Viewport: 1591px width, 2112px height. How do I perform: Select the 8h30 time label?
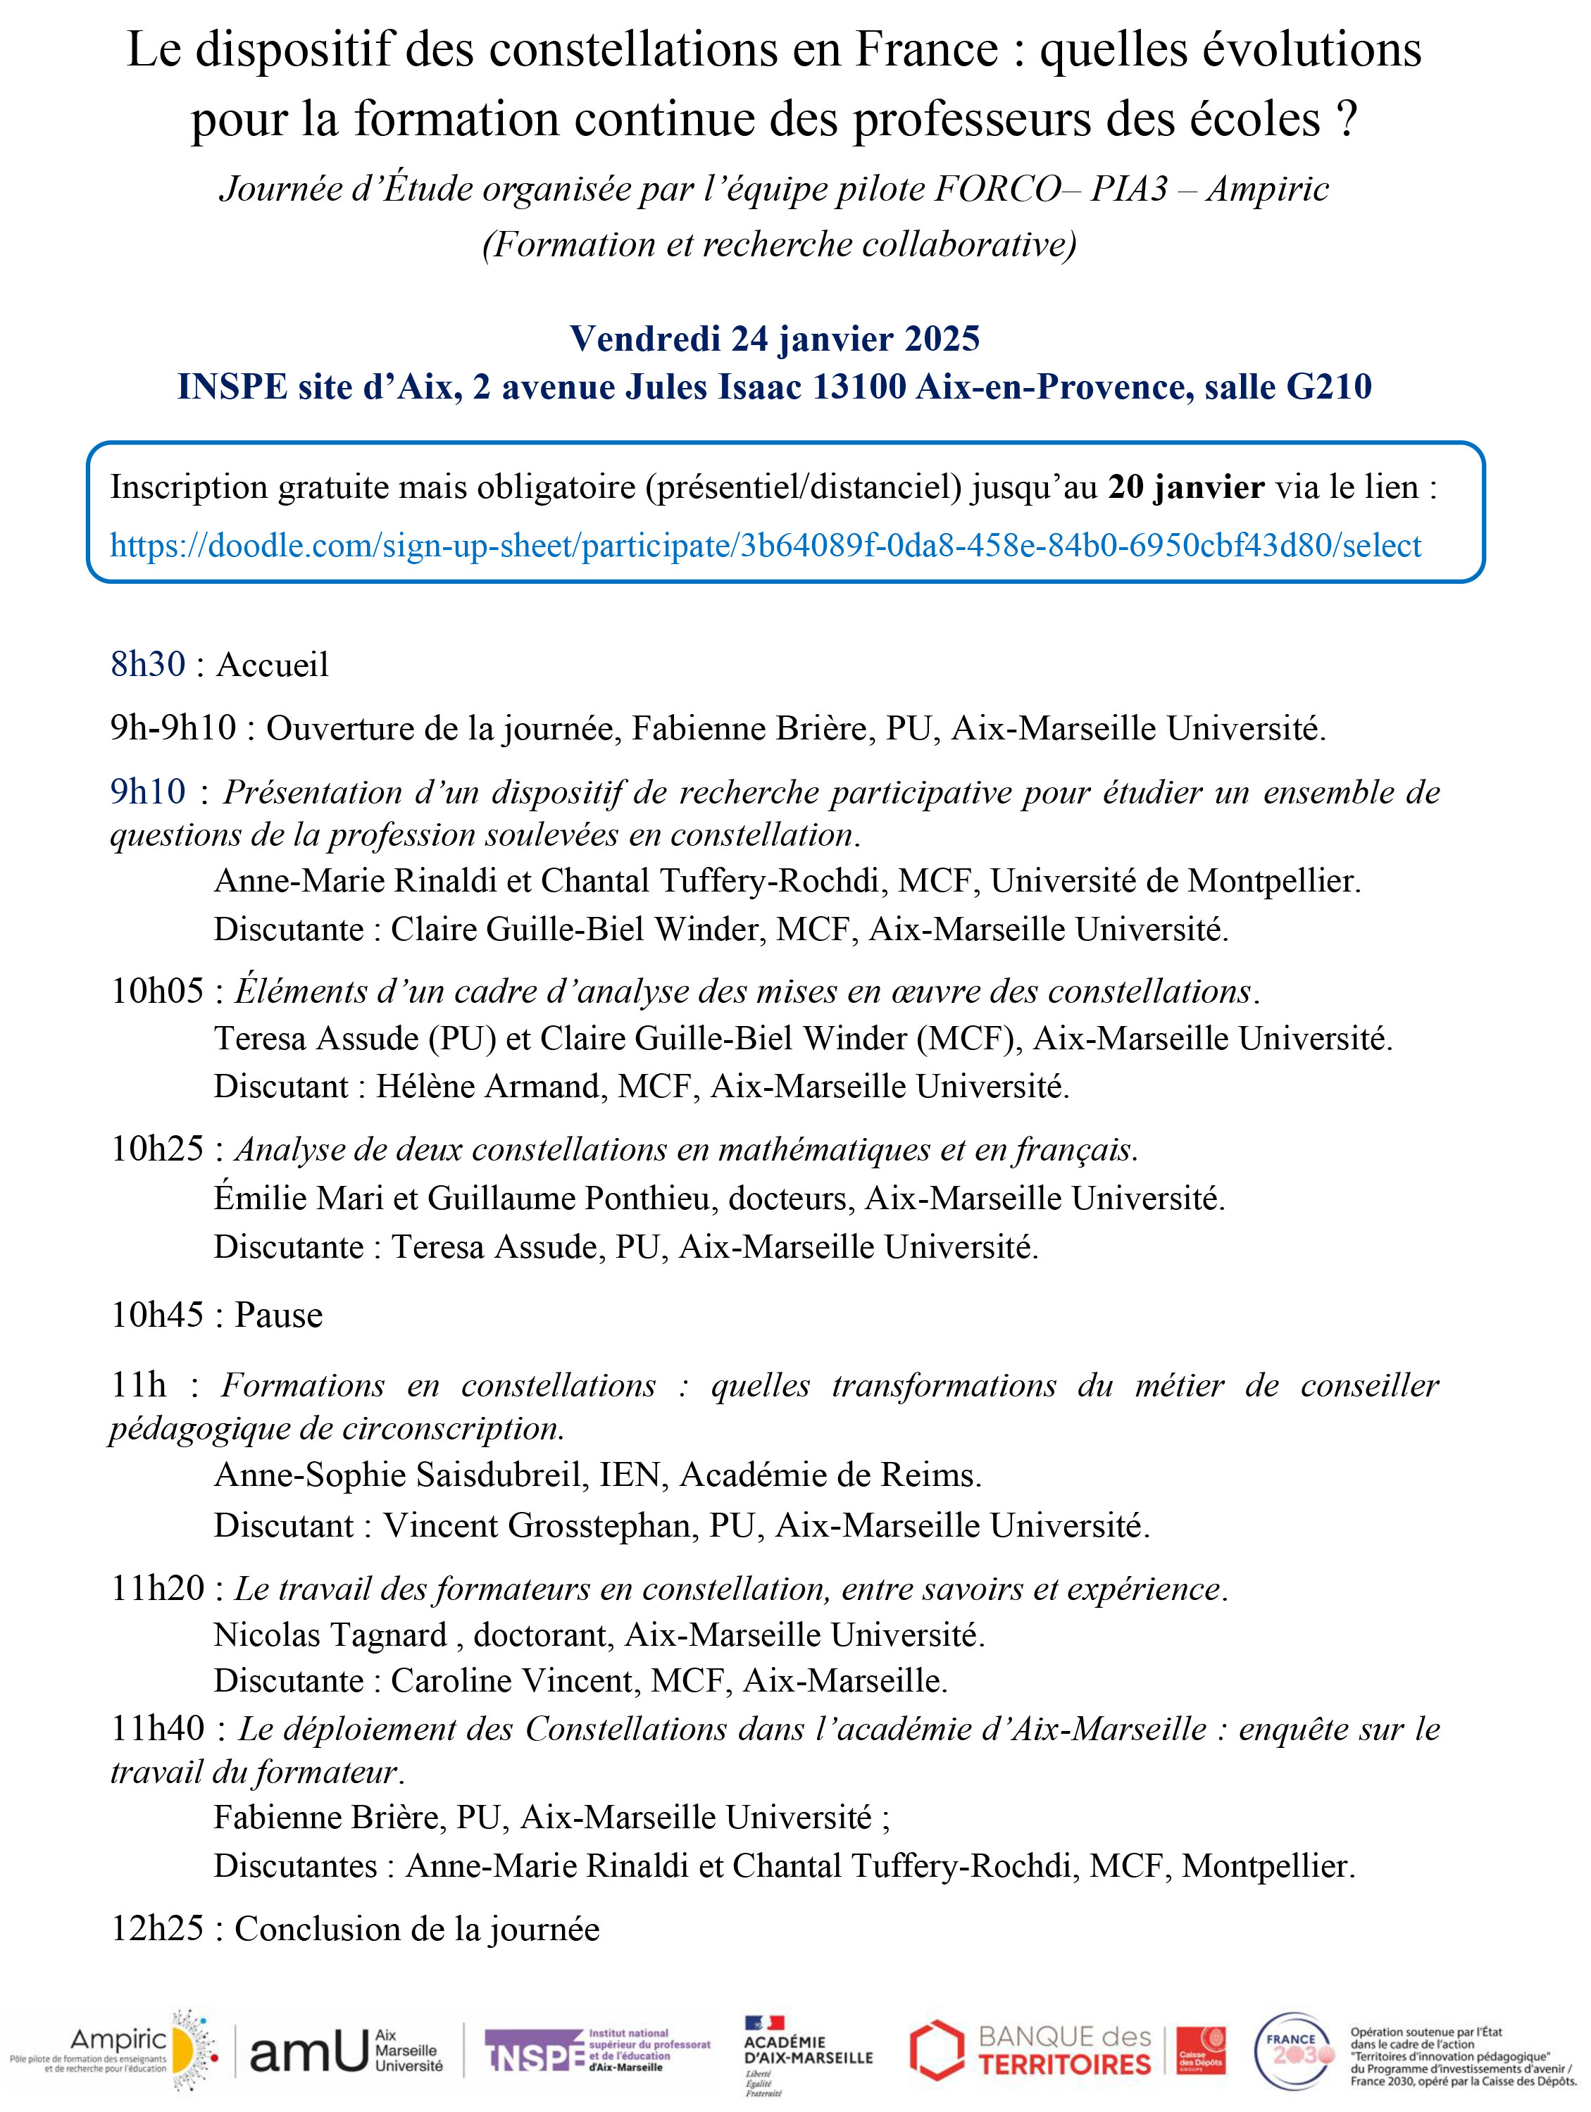pos(148,665)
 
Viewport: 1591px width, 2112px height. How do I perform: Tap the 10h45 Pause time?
pos(156,1315)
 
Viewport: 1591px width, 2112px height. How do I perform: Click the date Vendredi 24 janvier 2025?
pos(775,338)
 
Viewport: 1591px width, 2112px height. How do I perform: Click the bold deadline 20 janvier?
pos(1186,487)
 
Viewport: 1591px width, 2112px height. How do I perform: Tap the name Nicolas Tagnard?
pos(330,1635)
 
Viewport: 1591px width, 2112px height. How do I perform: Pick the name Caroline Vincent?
pos(513,1680)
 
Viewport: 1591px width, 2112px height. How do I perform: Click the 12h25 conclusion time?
pos(156,1929)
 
